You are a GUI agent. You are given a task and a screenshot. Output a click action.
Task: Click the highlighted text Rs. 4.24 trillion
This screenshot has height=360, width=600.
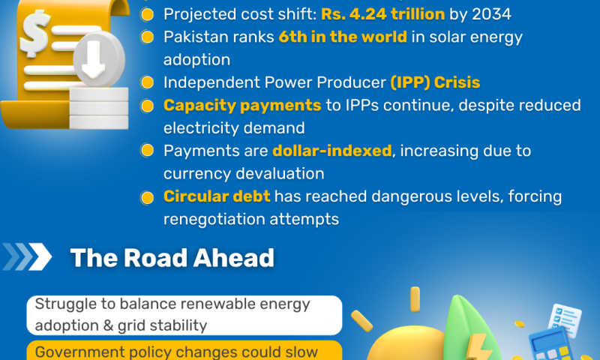click(382, 14)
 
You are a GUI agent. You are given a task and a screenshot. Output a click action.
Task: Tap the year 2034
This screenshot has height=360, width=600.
click(491, 14)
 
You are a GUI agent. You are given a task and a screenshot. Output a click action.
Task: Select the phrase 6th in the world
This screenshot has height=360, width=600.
click(343, 37)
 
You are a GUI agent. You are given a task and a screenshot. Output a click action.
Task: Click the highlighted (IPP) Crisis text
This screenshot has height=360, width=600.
click(435, 82)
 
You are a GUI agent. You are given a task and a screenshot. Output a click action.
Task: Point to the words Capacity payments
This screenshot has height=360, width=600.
click(242, 106)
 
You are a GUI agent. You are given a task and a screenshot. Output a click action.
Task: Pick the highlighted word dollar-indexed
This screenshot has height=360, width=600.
click(332, 151)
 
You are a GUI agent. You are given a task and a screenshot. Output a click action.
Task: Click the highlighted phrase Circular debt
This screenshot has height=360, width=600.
click(217, 196)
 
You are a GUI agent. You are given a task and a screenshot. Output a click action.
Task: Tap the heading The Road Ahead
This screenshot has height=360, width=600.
click(172, 258)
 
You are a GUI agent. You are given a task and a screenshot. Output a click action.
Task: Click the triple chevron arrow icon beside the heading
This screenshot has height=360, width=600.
click(27, 256)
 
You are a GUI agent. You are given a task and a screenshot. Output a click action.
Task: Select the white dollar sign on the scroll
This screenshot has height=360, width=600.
click(35, 34)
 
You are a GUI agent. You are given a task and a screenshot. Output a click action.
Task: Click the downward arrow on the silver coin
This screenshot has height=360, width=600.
click(93, 59)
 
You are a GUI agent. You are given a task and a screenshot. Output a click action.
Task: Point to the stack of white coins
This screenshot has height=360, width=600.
click(99, 108)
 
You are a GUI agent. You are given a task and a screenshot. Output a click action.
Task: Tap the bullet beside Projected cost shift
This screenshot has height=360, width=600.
click(147, 14)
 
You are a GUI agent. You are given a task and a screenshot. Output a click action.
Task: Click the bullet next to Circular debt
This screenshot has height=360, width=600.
click(147, 197)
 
